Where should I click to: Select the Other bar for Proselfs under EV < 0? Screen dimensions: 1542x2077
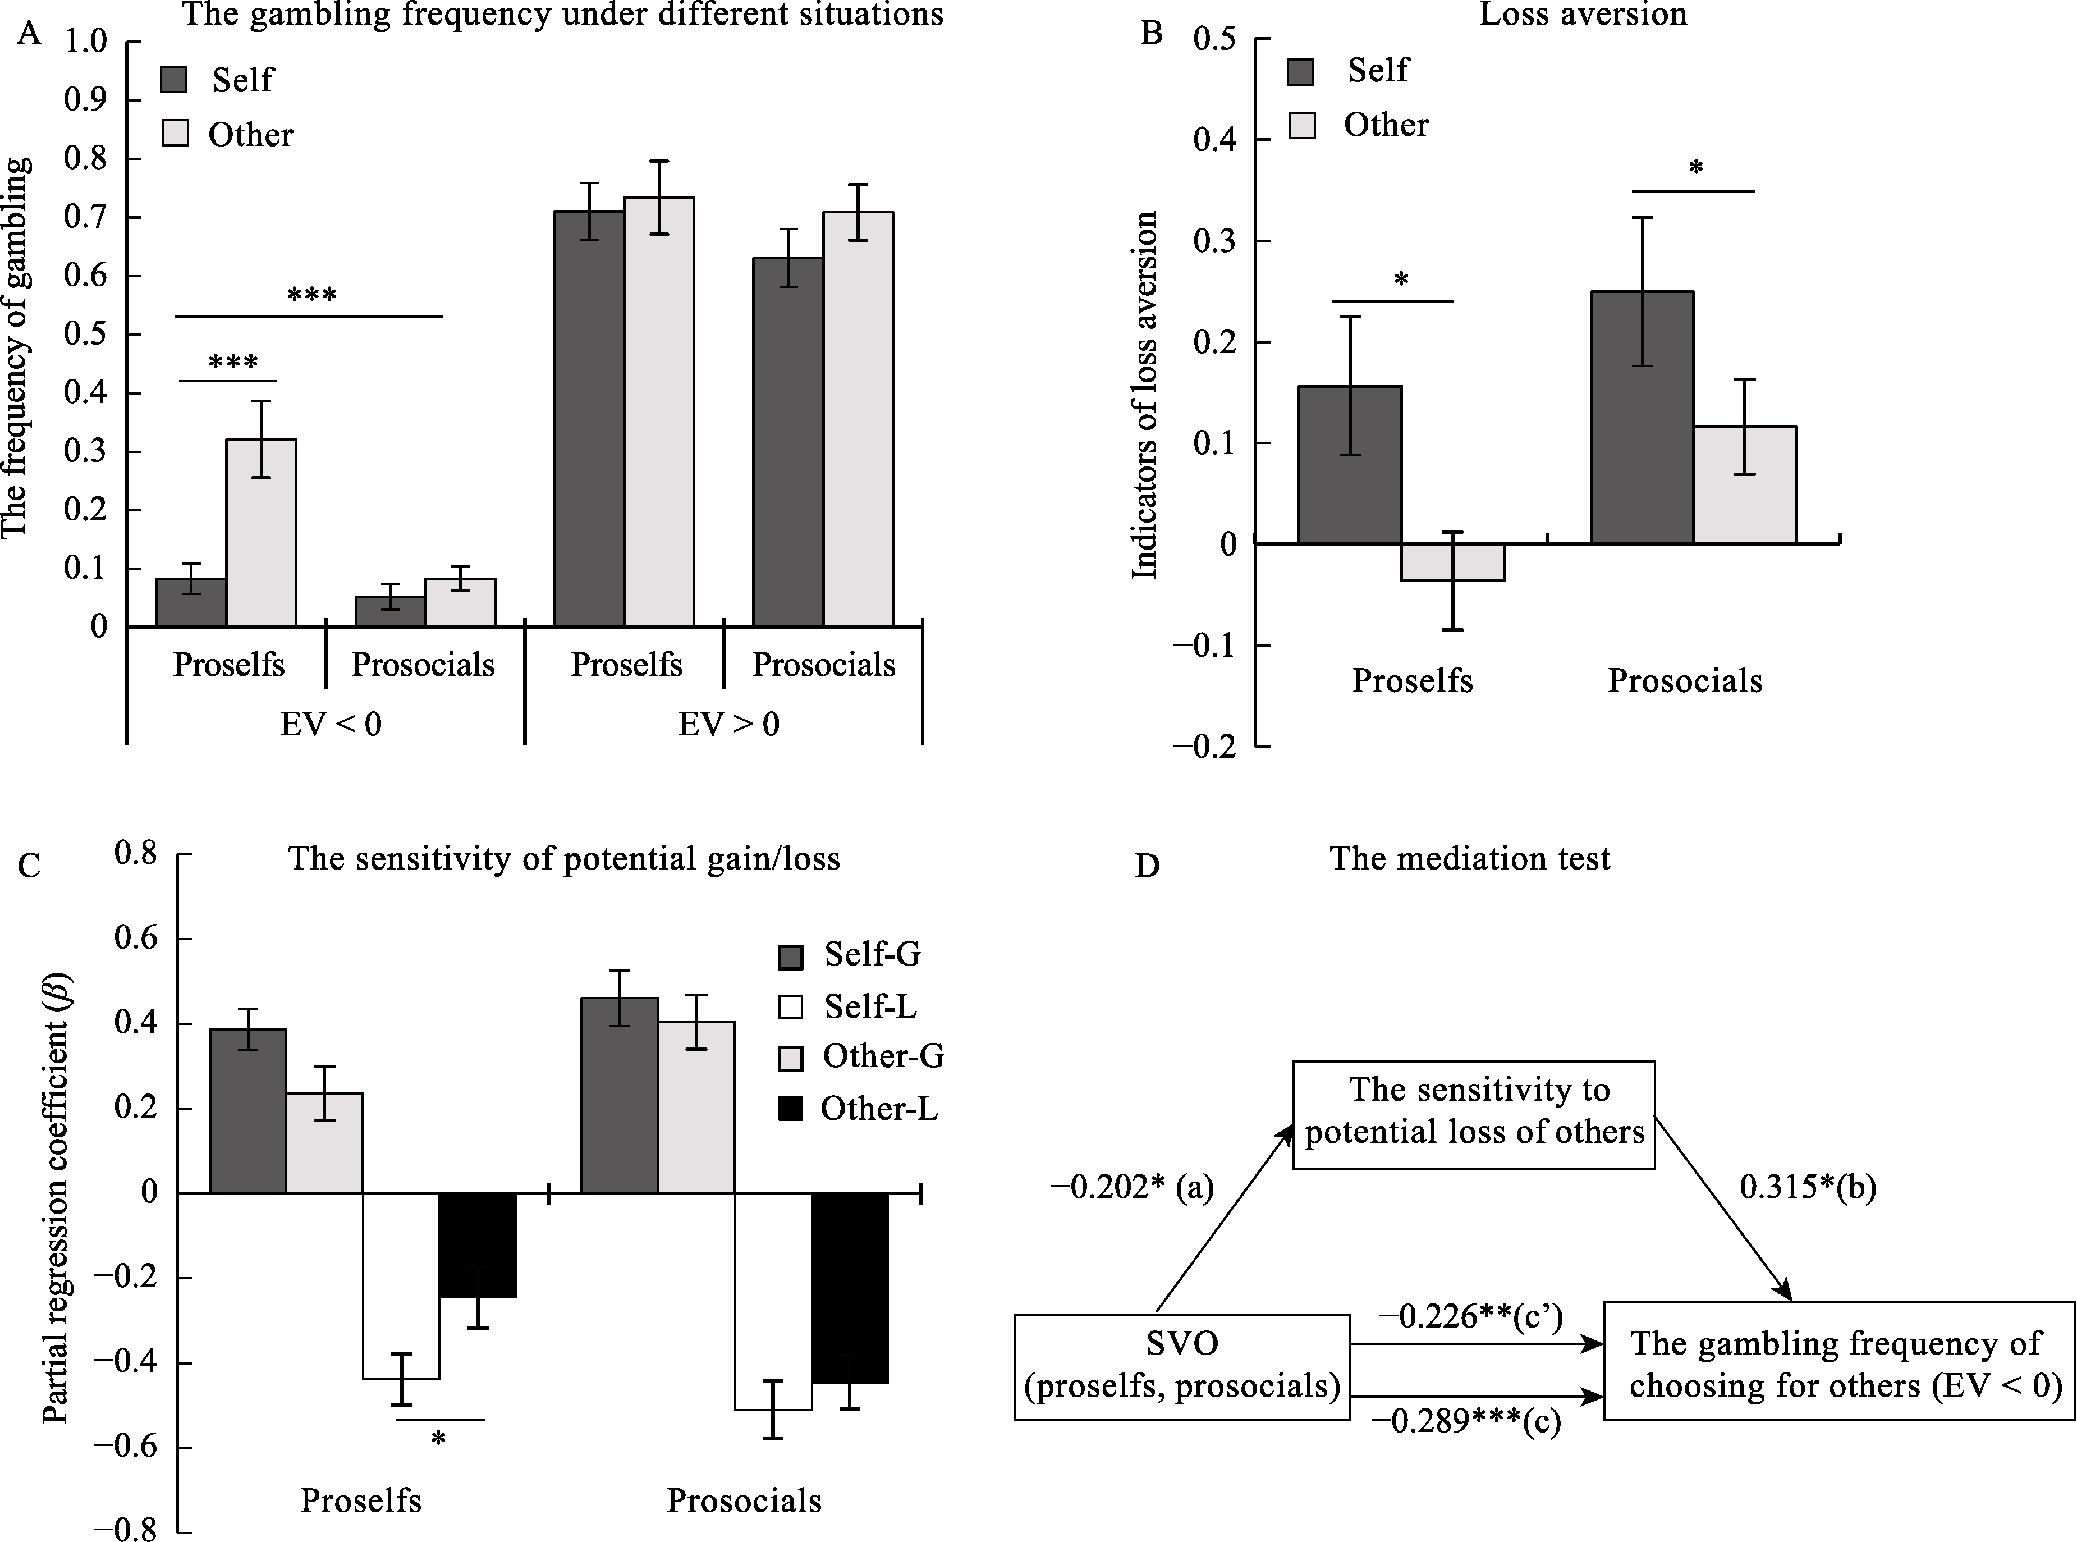click(262, 532)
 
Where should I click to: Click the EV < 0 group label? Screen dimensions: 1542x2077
click(331, 724)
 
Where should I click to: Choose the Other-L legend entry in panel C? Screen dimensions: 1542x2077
click(878, 1108)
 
